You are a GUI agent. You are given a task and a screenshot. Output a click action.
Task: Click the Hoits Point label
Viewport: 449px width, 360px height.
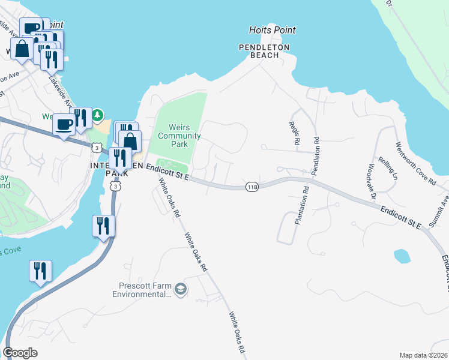(x=273, y=30)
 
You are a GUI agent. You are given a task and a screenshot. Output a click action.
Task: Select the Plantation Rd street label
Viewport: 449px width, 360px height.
(x=301, y=205)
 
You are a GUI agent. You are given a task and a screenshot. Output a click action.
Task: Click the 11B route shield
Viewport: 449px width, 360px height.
(x=252, y=187)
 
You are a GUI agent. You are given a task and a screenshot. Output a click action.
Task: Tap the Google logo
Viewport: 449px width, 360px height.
(x=20, y=353)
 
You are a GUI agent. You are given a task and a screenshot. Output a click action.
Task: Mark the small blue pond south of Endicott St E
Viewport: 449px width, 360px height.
(x=401, y=256)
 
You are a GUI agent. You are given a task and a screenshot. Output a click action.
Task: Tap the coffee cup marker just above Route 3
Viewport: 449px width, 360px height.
(x=64, y=124)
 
